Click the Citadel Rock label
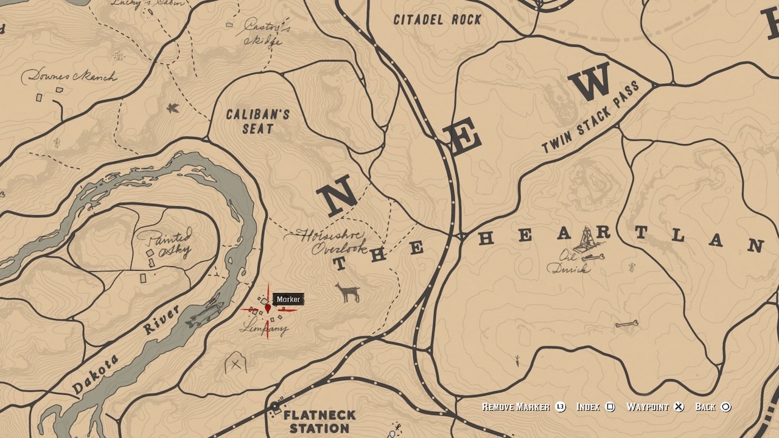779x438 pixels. tap(437, 19)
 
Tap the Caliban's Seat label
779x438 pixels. tap(257, 121)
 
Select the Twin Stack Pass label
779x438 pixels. tap(590, 117)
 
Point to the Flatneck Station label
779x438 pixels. tap(320, 421)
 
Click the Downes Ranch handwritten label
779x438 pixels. tap(68, 77)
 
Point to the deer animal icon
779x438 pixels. tap(349, 293)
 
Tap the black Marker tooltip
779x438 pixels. tap(288, 299)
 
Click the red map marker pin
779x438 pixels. tap(268, 308)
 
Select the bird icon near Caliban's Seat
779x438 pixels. tap(173, 108)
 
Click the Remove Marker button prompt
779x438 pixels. tap(523, 407)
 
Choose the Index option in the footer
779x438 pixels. tap(595, 407)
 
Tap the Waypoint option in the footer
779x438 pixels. tap(655, 407)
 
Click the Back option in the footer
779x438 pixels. tap(712, 407)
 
